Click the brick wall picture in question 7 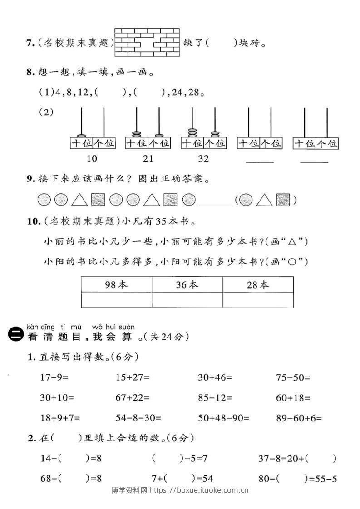(147, 43)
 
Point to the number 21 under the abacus (148, 158)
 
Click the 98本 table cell (116, 284)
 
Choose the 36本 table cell (187, 284)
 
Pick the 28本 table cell (258, 284)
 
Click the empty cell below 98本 (116, 300)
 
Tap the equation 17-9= (57, 377)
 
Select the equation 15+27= (133, 377)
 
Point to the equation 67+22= (133, 398)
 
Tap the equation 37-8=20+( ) (297, 459)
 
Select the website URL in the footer (199, 490)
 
